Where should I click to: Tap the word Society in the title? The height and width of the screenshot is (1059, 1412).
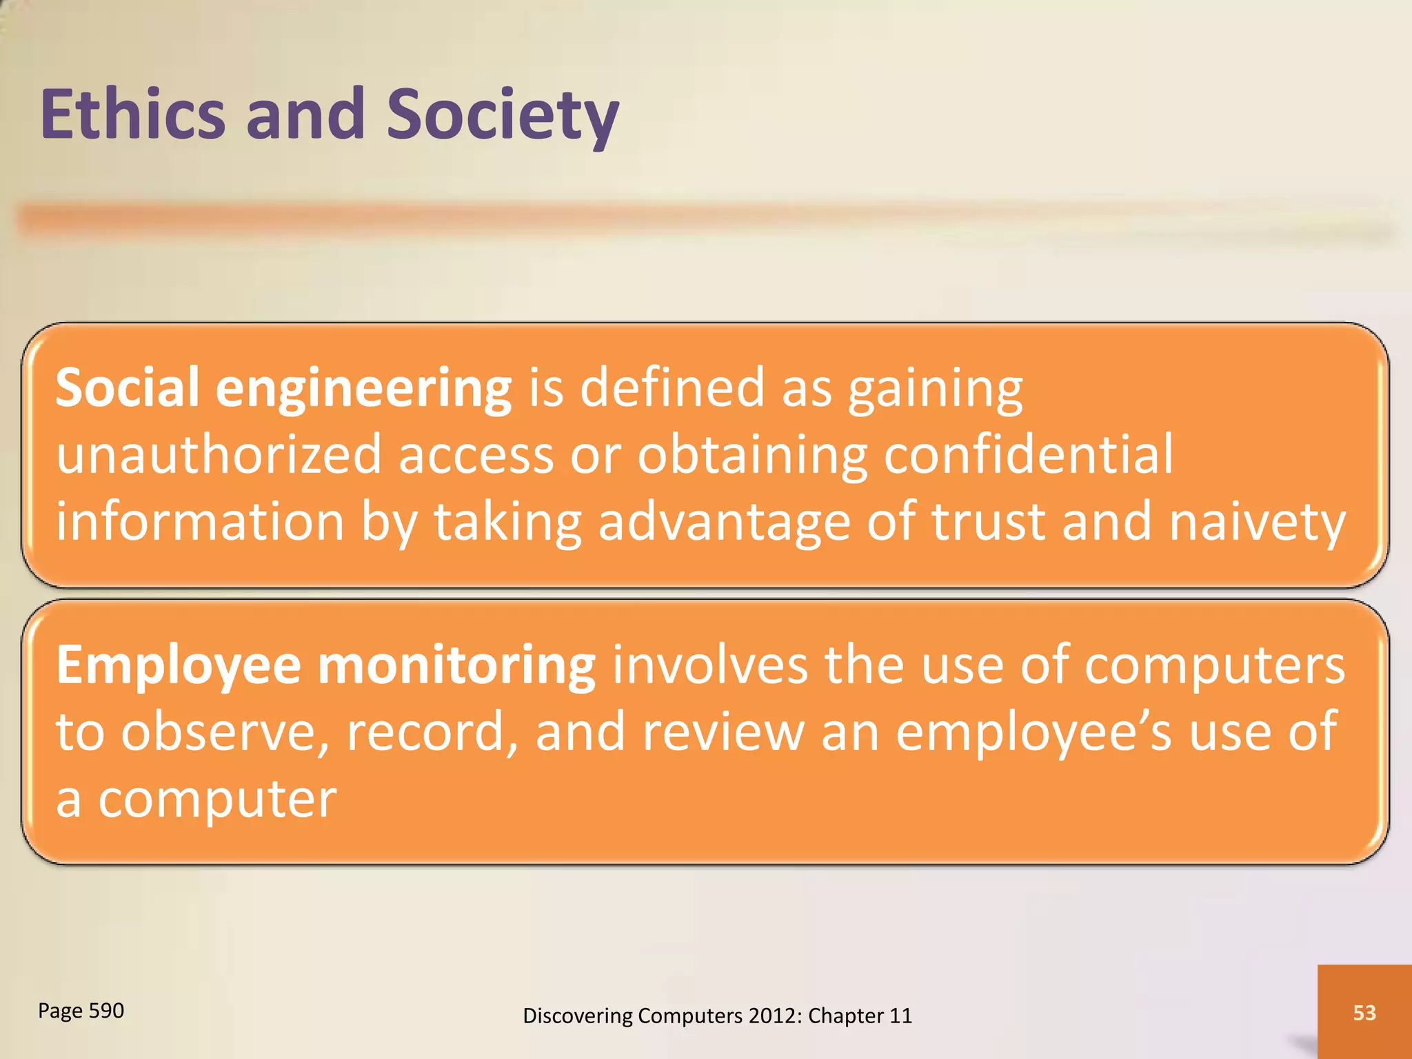(502, 114)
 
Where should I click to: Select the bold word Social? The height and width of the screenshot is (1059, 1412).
(128, 387)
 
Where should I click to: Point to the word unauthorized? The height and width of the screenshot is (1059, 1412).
(219, 454)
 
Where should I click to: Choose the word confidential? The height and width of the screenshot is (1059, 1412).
(1028, 454)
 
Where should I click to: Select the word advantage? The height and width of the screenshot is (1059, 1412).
(724, 522)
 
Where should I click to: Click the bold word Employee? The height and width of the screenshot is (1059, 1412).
(178, 666)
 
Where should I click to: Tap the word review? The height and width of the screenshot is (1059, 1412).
(723, 732)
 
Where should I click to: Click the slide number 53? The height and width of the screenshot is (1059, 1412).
(1364, 1012)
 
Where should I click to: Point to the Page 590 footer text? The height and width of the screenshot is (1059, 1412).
(81, 1011)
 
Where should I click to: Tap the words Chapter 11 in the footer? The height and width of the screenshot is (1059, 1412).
(860, 1016)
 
